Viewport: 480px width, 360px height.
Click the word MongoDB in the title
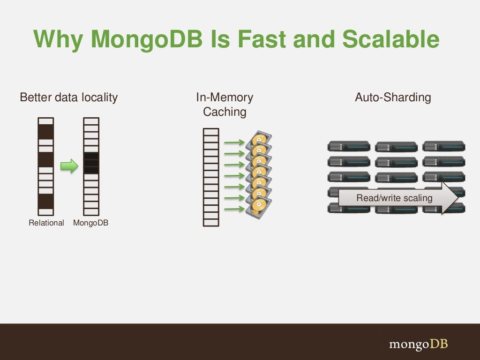pyautogui.click(x=147, y=39)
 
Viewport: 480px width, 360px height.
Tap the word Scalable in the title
pyautogui.click(x=390, y=39)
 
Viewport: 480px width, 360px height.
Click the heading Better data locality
pyautogui.click(x=68, y=97)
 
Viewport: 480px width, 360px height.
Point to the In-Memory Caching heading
pyautogui.click(x=225, y=105)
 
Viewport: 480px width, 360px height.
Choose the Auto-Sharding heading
pyautogui.click(x=393, y=97)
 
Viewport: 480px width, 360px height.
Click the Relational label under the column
pyautogui.click(x=46, y=223)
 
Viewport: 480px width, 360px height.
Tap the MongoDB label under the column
pyautogui.click(x=90, y=223)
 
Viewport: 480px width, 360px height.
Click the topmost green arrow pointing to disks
pyautogui.click(x=234, y=142)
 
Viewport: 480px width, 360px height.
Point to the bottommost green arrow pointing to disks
pyautogui.click(x=234, y=209)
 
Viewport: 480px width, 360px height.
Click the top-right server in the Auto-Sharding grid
pyautogui.click(x=443, y=146)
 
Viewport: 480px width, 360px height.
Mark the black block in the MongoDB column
pyautogui.click(x=91, y=163)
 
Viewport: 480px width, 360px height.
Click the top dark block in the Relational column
pyautogui.click(x=46, y=131)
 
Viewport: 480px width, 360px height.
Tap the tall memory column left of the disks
pyautogui.click(x=211, y=177)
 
